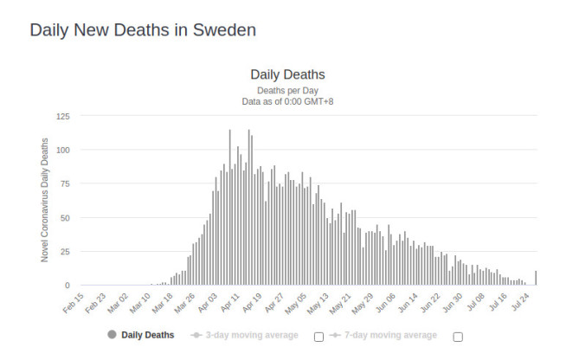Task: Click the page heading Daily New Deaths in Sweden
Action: pos(143,29)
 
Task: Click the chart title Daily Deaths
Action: pos(287,74)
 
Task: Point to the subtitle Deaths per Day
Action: pos(287,90)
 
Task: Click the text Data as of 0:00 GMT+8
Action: pos(287,101)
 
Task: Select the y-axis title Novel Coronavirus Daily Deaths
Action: pos(45,200)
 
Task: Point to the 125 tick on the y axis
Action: pos(63,116)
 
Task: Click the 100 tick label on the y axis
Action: pos(63,150)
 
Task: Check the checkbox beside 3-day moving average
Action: pos(318,337)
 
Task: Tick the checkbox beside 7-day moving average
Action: pos(458,337)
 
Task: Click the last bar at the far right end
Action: pos(537,278)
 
